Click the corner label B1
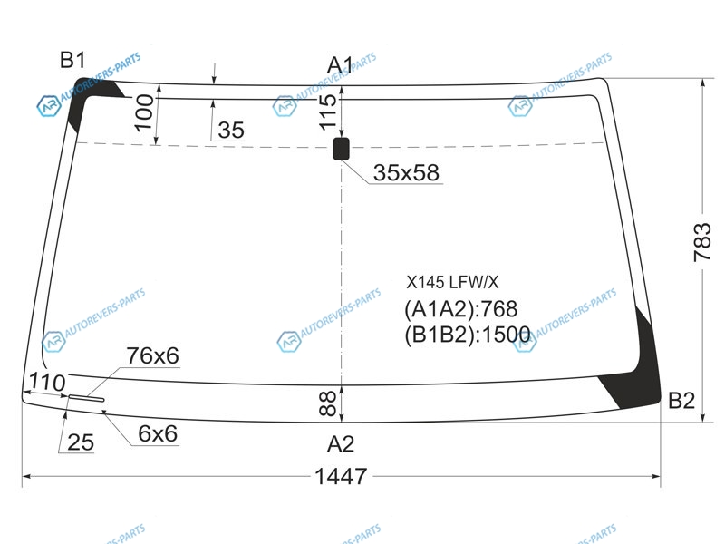click(x=73, y=60)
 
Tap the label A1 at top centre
click(x=341, y=64)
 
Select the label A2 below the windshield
click(x=341, y=444)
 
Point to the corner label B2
click(x=681, y=400)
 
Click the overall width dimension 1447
click(x=341, y=476)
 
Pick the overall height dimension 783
click(x=701, y=242)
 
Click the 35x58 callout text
click(x=406, y=172)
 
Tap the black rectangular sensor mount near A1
click(x=342, y=149)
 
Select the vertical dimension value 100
click(x=145, y=112)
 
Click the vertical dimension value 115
click(x=328, y=112)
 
